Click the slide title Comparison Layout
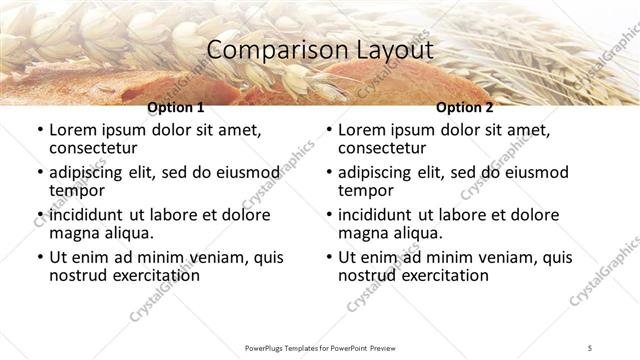pos(319,50)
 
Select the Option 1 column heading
pos(175,107)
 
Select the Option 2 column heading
pos(465,107)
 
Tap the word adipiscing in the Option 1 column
pos(93,173)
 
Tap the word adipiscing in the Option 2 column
pos(382,173)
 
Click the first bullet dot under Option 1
pos(39,131)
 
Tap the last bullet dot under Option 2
pos(328,258)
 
